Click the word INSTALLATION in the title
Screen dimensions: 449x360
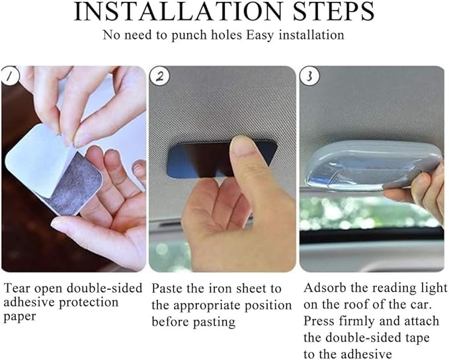point(178,11)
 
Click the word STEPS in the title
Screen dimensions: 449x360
point(333,11)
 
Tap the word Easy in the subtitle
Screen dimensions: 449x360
point(260,36)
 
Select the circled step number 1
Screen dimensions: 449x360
point(10,76)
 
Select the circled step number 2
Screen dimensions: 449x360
point(160,77)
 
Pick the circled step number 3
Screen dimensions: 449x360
point(309,77)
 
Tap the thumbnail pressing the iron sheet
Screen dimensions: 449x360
point(241,147)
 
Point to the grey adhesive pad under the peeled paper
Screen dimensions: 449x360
point(76,186)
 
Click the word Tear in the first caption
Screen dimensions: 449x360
point(17,288)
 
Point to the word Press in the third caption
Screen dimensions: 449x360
point(319,321)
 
